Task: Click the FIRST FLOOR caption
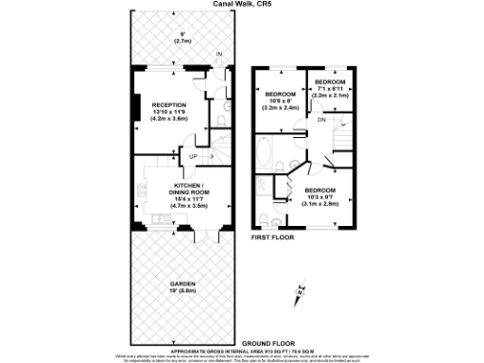(272, 237)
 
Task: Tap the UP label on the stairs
(193, 156)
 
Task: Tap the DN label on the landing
(320, 121)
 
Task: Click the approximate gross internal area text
(241, 348)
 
